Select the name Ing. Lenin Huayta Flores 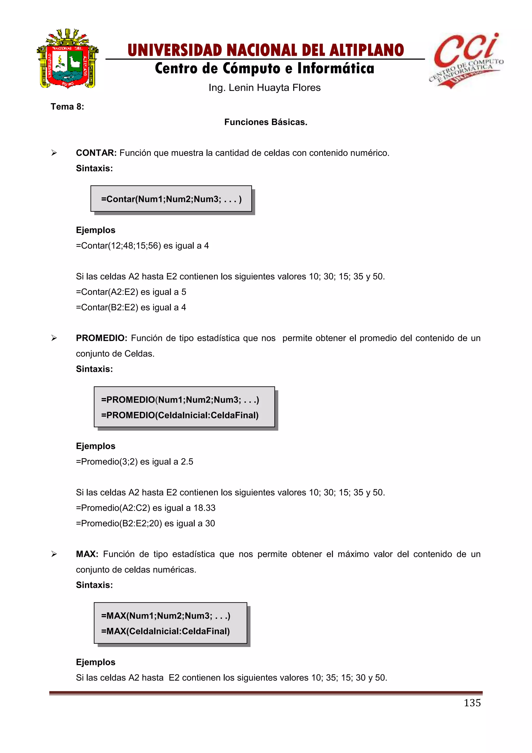pyautogui.click(x=264, y=88)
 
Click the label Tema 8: pyautogui.click(x=67, y=107)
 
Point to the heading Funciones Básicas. pyautogui.click(x=266, y=122)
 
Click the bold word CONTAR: pyautogui.click(x=96, y=153)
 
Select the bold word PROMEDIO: pyautogui.click(x=101, y=338)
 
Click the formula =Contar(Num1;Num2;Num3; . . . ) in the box pyautogui.click(x=171, y=199)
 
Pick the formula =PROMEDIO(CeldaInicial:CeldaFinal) pyautogui.click(x=180, y=415)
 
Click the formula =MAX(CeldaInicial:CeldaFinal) pyautogui.click(x=165, y=631)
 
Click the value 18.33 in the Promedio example pyautogui.click(x=204, y=508)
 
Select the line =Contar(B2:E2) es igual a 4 pyautogui.click(x=131, y=307)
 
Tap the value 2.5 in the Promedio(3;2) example pyautogui.click(x=187, y=462)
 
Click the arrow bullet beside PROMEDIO pyautogui.click(x=54, y=338)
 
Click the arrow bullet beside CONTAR pyautogui.click(x=54, y=153)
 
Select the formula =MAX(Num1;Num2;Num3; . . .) pyautogui.click(x=166, y=616)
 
